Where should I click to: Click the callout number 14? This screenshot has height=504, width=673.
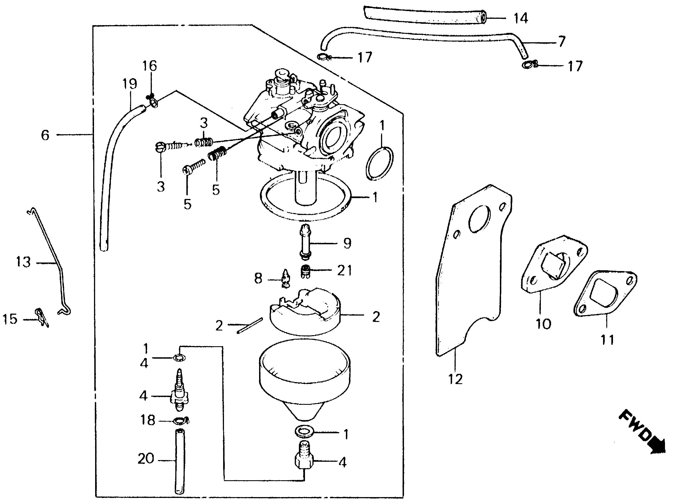521,18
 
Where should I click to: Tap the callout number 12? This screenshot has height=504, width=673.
455,379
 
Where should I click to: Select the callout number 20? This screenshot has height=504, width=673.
146,458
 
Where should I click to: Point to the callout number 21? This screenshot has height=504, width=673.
345,270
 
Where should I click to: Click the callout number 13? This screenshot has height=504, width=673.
24,262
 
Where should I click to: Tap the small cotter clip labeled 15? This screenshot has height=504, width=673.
42,317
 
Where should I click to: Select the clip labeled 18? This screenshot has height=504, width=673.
182,421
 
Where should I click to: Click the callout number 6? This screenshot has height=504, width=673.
45,135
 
